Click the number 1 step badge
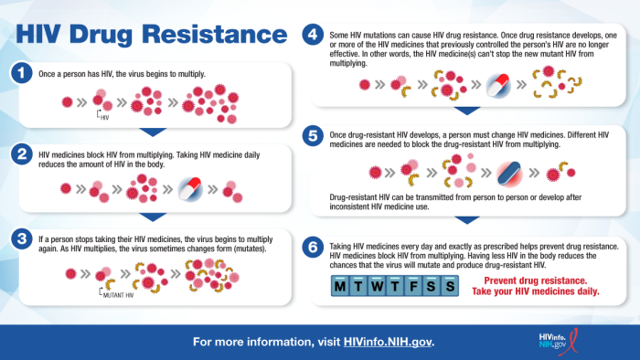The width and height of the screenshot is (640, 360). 20,72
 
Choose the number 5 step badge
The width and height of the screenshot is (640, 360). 313,136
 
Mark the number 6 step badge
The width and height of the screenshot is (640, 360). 313,246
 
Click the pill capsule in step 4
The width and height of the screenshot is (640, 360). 496,87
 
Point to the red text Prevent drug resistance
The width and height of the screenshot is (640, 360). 540,281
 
